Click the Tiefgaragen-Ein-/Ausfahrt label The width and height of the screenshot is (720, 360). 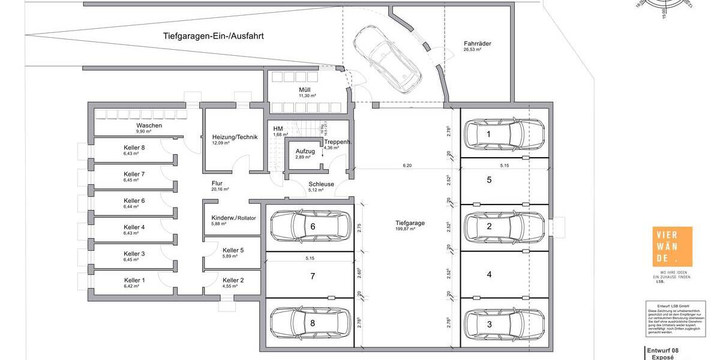(x=214, y=36)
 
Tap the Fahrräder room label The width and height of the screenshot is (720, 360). (x=478, y=44)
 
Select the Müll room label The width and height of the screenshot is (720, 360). (x=304, y=90)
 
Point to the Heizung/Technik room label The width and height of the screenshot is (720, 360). (x=235, y=137)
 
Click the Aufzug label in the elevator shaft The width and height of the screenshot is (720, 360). (x=305, y=151)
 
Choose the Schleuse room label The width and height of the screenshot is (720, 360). (x=321, y=185)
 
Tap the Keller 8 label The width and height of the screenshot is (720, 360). (x=134, y=148)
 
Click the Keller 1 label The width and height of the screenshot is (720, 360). (x=134, y=280)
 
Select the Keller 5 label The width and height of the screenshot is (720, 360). (x=233, y=250)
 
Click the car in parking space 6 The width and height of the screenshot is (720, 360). (x=310, y=226)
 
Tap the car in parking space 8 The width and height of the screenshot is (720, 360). (x=310, y=323)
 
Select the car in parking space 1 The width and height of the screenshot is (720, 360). (x=504, y=134)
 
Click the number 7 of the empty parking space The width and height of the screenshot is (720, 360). (x=313, y=277)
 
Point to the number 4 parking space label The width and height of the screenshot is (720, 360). (x=489, y=275)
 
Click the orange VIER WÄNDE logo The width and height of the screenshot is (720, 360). (x=671, y=247)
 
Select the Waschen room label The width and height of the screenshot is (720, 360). (x=149, y=125)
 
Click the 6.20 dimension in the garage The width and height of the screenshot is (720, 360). (x=407, y=165)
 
